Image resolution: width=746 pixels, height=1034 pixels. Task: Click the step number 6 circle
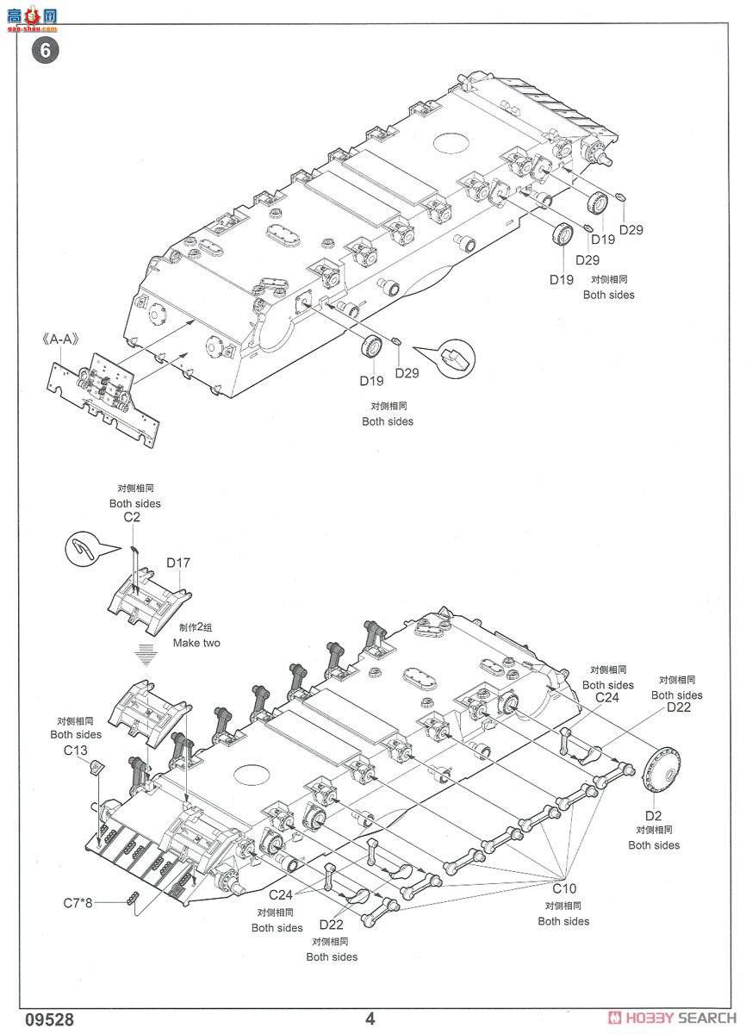click(x=45, y=50)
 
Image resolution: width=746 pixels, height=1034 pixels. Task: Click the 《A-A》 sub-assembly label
click(x=60, y=339)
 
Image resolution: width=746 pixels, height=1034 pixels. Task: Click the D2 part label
click(x=653, y=816)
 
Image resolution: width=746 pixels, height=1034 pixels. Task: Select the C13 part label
click(x=75, y=751)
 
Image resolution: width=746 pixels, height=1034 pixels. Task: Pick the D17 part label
click(x=178, y=562)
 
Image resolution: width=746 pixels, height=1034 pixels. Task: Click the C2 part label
click(x=132, y=516)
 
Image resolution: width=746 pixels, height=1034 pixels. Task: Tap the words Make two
click(x=196, y=643)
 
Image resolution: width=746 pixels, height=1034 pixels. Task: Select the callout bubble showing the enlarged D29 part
click(x=456, y=358)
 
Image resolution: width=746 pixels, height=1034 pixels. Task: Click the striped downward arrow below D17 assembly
click(x=146, y=655)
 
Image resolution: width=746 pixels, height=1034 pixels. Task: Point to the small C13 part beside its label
click(x=96, y=768)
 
